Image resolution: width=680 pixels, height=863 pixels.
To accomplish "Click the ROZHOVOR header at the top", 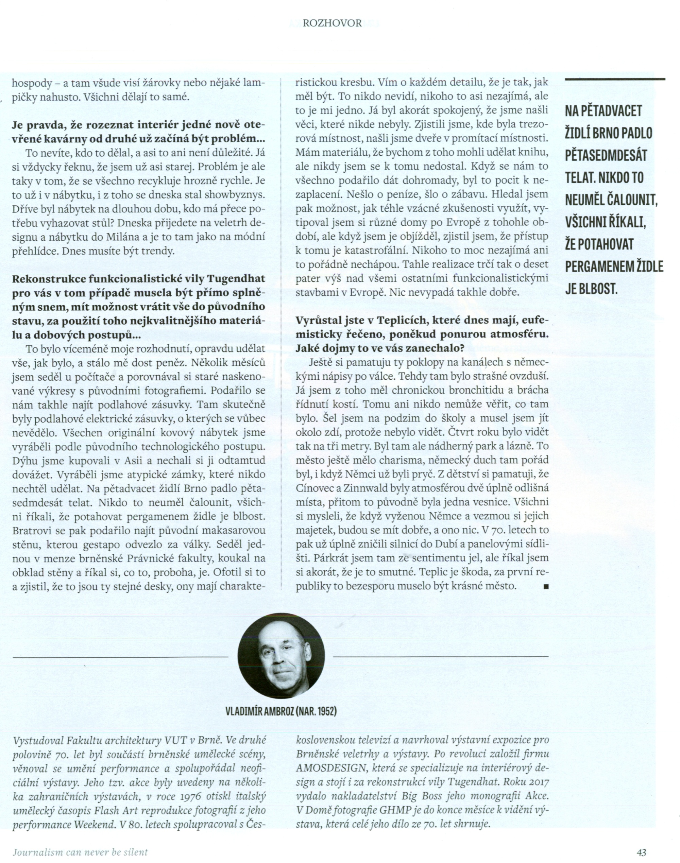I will tap(332, 23).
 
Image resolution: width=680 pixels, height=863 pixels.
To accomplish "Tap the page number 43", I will tap(641, 852).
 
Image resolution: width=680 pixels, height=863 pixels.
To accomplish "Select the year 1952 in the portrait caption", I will tap(327, 711).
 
